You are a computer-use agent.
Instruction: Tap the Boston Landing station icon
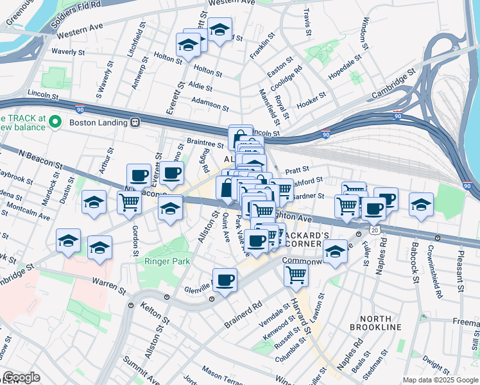[135, 122]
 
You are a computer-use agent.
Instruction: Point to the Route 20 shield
[374, 229]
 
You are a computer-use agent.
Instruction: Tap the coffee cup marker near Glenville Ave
[225, 280]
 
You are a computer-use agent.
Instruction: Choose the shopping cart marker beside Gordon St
[129, 202]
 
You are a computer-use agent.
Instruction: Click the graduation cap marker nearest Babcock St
[421, 205]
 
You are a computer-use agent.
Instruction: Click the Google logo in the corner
[22, 377]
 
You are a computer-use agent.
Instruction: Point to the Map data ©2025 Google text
[440, 380]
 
